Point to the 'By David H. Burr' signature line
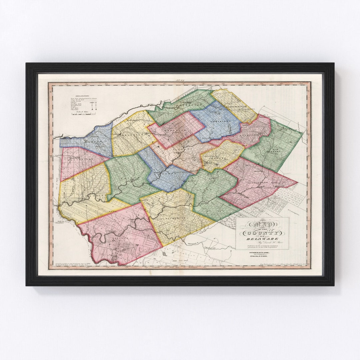click(x=262, y=242)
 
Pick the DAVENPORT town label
click(x=182, y=106)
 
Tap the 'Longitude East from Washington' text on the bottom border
click(x=173, y=268)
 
